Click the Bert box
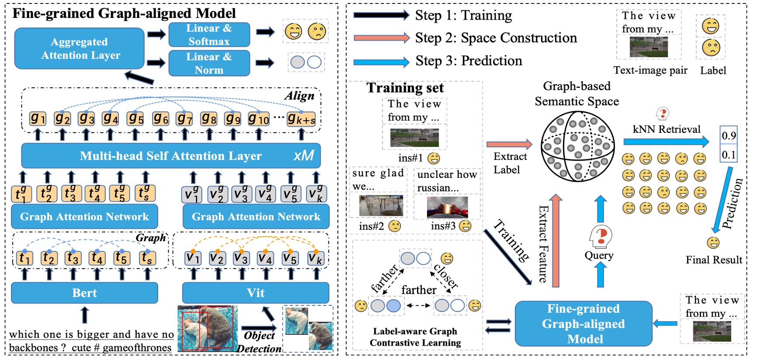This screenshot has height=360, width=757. (84, 293)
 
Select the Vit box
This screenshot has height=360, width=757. (255, 293)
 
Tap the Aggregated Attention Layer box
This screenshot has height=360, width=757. (80, 48)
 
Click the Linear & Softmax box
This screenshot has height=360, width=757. (209, 35)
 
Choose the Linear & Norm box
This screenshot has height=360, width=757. (209, 63)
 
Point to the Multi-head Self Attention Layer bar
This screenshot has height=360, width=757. (171, 156)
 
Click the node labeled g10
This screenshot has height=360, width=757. (258, 118)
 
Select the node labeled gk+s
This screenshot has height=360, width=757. (301, 119)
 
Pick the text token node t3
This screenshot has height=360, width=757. (73, 258)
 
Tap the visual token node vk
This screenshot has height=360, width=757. (315, 258)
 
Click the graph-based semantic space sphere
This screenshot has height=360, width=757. (577, 146)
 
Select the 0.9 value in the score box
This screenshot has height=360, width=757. (729, 136)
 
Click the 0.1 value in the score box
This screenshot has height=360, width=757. (729, 155)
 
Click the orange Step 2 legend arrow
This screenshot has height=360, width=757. (381, 38)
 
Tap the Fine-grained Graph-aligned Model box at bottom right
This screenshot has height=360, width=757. (583, 324)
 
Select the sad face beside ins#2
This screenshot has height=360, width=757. (395, 226)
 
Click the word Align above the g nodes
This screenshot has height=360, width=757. (299, 96)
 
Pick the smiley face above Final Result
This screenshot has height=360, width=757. (713, 242)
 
